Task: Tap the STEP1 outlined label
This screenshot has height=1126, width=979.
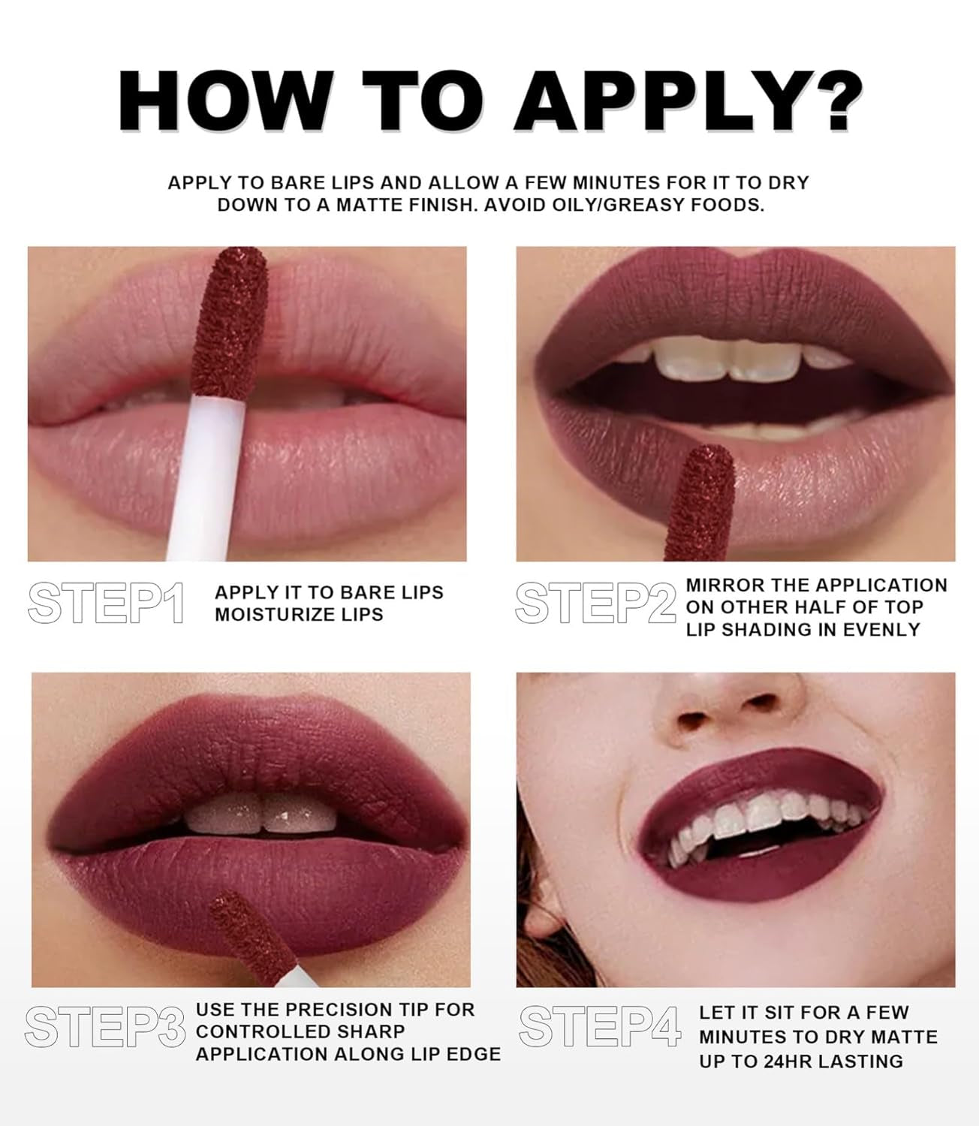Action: pos(106,604)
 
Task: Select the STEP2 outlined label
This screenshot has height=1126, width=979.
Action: pos(595,604)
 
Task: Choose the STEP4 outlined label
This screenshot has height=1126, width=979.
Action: pos(601,1026)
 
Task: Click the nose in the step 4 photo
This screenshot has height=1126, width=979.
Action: pos(727,703)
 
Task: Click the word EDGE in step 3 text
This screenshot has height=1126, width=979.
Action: pos(478,1055)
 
